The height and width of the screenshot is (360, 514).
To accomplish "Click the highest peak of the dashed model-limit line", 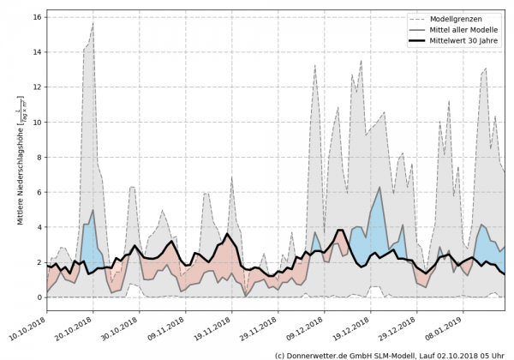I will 93,24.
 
